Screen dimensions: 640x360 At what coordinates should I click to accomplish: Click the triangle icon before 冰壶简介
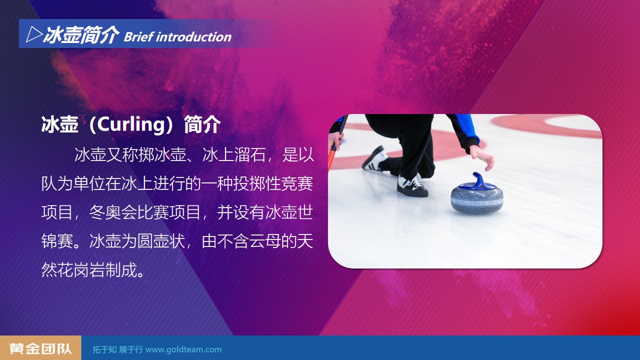[x=34, y=34]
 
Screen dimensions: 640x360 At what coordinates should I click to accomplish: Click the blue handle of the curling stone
[x=477, y=181]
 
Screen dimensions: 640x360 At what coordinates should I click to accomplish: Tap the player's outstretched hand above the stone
[x=483, y=157]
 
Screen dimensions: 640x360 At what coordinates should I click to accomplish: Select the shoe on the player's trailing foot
[x=374, y=159]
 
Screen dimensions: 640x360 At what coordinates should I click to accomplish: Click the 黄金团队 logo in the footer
[x=40, y=348]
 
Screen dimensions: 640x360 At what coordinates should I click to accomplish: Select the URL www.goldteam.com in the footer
[x=183, y=349]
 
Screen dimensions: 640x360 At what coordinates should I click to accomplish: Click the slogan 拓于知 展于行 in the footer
[x=117, y=349]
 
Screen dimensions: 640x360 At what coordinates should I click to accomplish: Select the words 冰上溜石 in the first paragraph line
[x=234, y=155]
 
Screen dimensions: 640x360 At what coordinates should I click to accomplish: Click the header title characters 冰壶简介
[x=81, y=35]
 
